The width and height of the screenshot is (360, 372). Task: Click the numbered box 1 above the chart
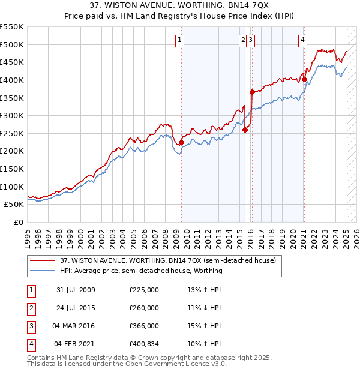[180, 40]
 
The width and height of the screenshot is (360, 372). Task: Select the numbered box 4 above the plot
[303, 40]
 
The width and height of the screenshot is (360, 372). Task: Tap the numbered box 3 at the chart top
[250, 40]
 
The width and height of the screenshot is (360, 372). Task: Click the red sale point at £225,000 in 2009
[181, 142]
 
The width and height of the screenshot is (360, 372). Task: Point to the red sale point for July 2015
[245, 130]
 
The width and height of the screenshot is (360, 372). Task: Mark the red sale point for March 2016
[252, 92]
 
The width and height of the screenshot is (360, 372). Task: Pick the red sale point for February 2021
[304, 79]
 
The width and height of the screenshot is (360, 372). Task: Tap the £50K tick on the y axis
[14, 205]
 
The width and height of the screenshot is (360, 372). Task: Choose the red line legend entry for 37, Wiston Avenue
[167, 260]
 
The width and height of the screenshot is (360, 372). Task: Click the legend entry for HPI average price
[141, 271]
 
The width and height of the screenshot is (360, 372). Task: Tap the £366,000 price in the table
[144, 326]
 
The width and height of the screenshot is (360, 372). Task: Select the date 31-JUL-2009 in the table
[76, 290]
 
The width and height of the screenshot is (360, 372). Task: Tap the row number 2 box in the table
[30, 308]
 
